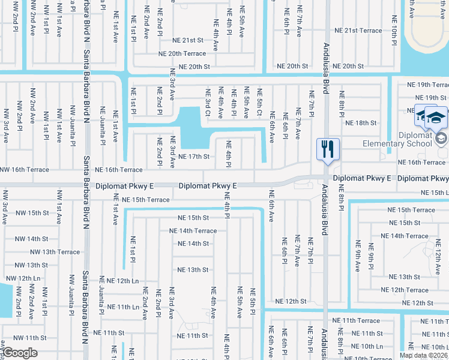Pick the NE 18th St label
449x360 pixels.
point(360,122)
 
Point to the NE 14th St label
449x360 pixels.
point(193,244)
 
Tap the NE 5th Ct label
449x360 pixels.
point(259,103)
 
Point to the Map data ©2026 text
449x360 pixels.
point(424,355)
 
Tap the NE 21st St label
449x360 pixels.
point(188,40)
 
